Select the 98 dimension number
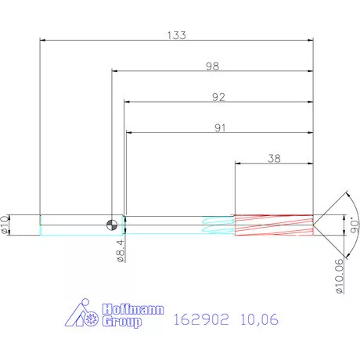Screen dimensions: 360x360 [211, 67]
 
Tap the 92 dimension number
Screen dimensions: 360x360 [218, 97]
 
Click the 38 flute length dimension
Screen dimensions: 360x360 [274, 158]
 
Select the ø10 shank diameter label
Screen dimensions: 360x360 [7, 224]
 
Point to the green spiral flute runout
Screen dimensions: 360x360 [218, 225]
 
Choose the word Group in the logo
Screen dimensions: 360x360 [122, 322]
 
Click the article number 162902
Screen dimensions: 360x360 [198, 319]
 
